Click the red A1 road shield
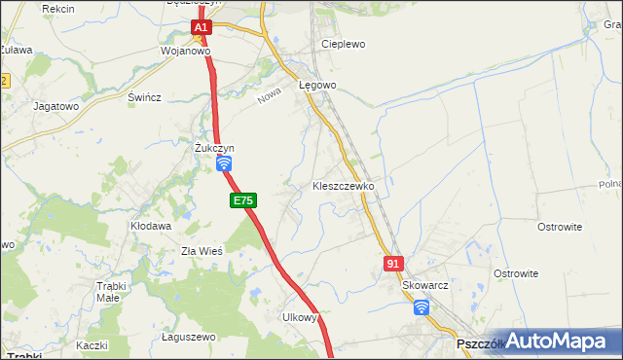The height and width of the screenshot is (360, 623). pyautogui.click(x=200, y=28)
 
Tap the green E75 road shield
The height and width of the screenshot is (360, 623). pyautogui.click(x=243, y=200)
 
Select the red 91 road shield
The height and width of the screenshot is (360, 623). pyautogui.click(x=393, y=263)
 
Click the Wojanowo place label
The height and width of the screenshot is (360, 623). pyautogui.click(x=185, y=52)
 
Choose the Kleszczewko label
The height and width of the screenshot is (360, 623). pyautogui.click(x=343, y=185)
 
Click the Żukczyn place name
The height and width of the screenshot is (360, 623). pyautogui.click(x=214, y=148)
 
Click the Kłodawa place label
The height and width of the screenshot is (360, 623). pyautogui.click(x=151, y=226)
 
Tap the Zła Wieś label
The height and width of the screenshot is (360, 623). pyautogui.click(x=202, y=250)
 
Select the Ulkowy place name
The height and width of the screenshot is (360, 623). pyautogui.click(x=300, y=317)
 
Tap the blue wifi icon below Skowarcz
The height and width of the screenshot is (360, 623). pyautogui.click(x=421, y=307)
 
